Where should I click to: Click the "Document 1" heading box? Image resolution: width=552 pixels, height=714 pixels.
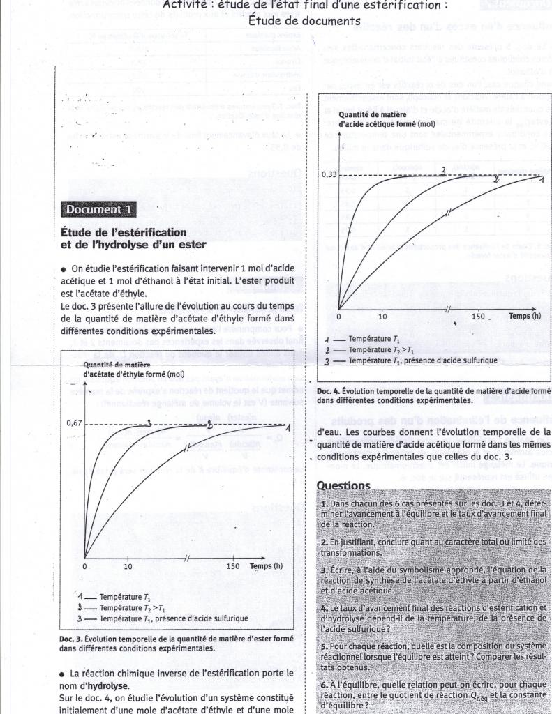[98, 209]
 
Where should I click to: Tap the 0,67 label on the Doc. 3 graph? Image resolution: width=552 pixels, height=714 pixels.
[74, 423]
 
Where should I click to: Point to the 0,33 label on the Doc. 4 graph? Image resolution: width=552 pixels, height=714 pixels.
[329, 175]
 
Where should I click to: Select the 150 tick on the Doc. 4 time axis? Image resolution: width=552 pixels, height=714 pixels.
[477, 317]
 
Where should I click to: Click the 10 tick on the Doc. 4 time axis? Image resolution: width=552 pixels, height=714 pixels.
[382, 317]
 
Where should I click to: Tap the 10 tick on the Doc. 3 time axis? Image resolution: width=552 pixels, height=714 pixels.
[128, 566]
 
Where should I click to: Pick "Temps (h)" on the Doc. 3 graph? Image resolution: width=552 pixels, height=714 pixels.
[266, 565]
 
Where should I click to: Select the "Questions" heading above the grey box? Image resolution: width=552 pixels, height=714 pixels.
[343, 485]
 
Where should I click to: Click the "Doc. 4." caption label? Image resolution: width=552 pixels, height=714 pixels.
[329, 390]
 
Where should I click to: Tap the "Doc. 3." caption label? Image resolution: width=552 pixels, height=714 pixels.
[73, 638]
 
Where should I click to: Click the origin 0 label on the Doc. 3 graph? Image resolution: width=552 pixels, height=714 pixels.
[84, 566]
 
